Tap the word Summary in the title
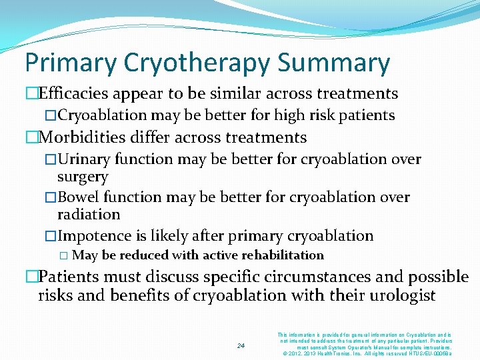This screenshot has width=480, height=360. pyautogui.click(x=334, y=63)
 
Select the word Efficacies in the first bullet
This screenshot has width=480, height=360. pyautogui.click(x=75, y=93)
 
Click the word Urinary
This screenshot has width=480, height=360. pyautogui.click(x=83, y=159)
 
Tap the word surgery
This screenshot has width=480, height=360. pyautogui.click(x=82, y=177)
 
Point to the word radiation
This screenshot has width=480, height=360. pyautogui.click(x=88, y=215)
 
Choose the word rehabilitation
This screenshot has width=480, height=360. pyautogui.click(x=282, y=255)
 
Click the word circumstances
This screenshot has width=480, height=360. pyautogui.click(x=296, y=277)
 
